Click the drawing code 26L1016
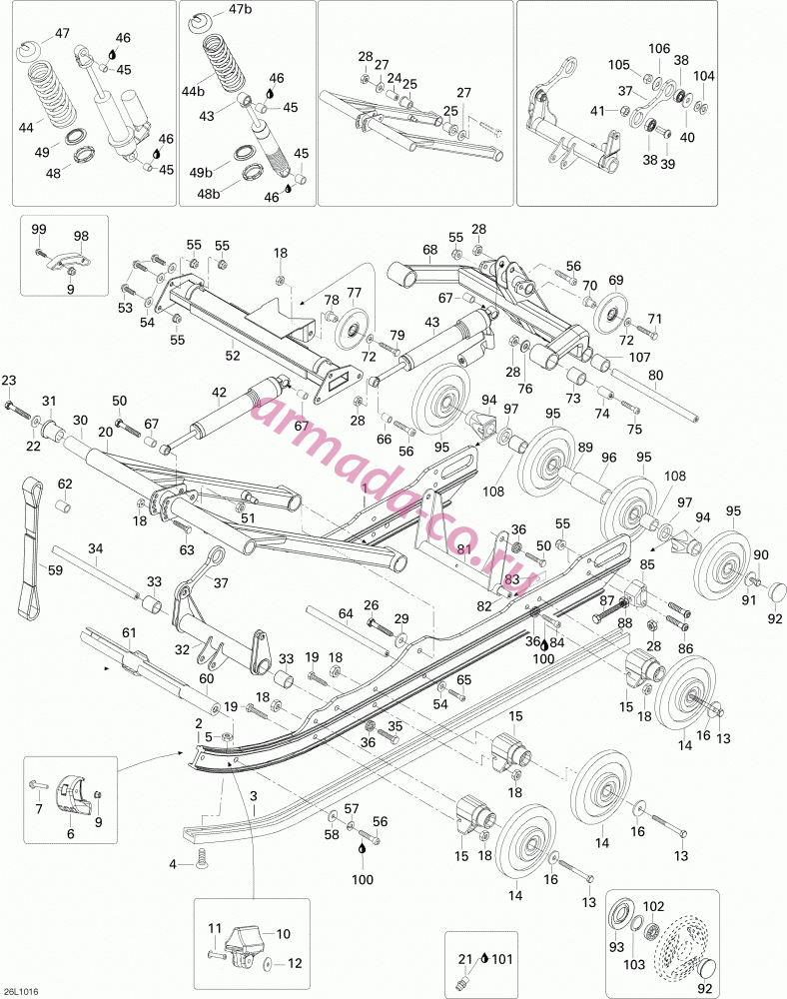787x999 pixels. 20,991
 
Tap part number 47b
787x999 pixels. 240,10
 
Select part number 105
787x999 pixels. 618,64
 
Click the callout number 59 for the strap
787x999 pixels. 55,569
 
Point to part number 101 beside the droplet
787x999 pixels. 502,959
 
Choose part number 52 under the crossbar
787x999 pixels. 233,356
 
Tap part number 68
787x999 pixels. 430,249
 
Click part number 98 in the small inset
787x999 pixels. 81,236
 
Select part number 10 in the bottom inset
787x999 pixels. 283,934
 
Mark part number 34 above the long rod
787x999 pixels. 95,547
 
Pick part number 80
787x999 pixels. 655,376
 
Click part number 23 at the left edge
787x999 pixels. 9,381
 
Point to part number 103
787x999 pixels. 634,965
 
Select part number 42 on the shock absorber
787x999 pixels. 219,392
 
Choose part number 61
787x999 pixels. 129,632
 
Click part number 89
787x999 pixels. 585,448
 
